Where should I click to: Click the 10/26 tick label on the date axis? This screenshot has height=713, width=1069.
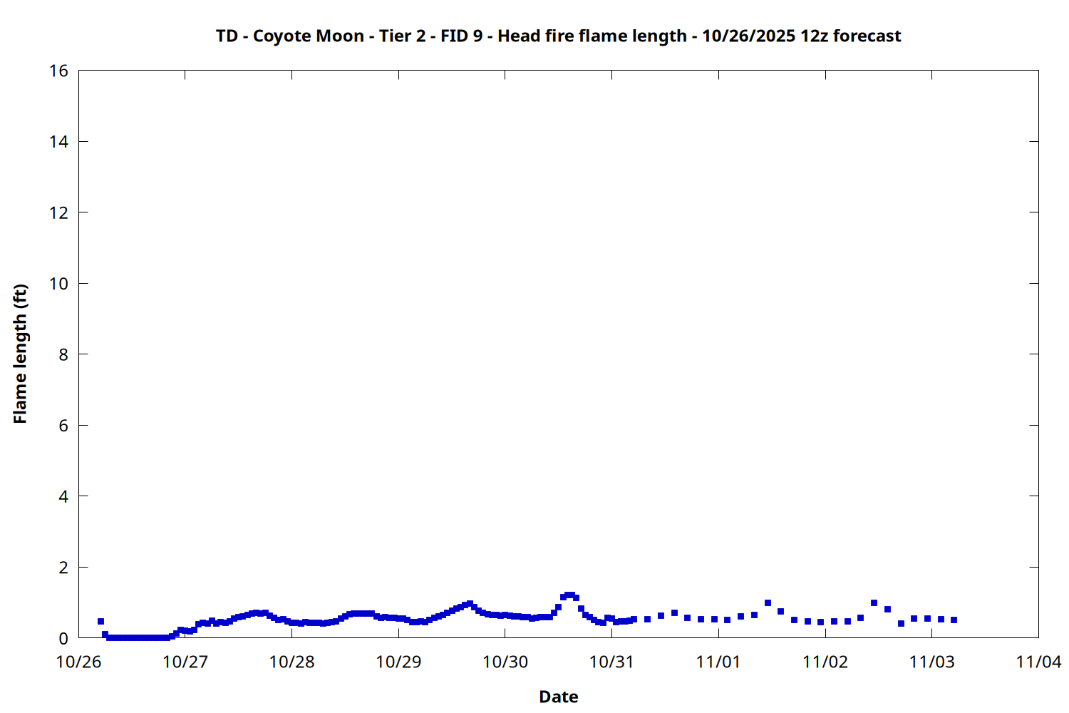pos(78,662)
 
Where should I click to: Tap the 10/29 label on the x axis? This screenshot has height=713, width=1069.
pos(398,662)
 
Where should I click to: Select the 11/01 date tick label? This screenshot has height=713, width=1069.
pos(718,662)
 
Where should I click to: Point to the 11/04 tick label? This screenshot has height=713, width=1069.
pos(1038,662)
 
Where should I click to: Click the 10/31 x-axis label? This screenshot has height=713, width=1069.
pos(611,662)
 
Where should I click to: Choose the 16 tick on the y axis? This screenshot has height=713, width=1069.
pos(58,71)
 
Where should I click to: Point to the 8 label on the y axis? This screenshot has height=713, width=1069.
pos(63,354)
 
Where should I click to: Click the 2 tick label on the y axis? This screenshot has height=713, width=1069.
pos(63,568)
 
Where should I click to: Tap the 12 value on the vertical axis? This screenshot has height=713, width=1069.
pos(58,212)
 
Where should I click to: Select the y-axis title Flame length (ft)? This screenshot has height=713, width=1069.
pos(20,354)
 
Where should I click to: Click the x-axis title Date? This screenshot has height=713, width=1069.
pos(558,697)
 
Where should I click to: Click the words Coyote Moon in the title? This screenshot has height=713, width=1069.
pos(308,36)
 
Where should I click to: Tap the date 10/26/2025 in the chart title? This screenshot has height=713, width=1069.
pos(748,36)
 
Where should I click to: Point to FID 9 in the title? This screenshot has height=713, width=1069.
pos(461,36)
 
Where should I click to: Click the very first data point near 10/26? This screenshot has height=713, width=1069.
pos(100,621)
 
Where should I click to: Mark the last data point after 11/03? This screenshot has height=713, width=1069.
pos(954,620)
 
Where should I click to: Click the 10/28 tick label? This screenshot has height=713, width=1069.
pos(291,662)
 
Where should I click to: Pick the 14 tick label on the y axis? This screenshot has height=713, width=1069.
pos(58,142)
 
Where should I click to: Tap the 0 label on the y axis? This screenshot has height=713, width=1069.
pos(63,638)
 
